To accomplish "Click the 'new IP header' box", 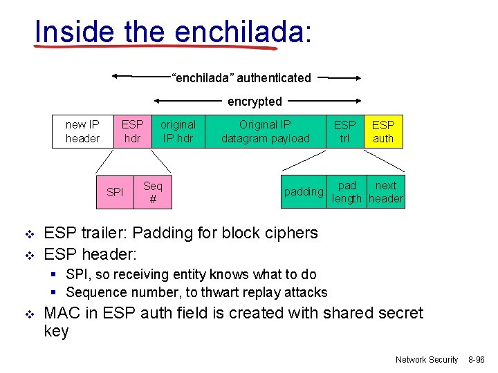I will (x=82, y=131).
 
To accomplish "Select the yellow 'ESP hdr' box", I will (x=132, y=131).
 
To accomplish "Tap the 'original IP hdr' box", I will (x=178, y=131).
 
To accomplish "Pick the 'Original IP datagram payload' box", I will (x=266, y=131).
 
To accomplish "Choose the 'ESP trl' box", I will (x=344, y=131).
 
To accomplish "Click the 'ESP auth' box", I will (x=383, y=131).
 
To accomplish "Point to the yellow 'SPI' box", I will (x=116, y=192).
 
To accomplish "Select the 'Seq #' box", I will (x=152, y=192).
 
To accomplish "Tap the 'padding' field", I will (x=304, y=192).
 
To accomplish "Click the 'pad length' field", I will (x=347, y=192).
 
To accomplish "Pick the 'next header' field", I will (x=386, y=192).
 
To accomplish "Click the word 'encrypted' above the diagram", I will (x=255, y=102).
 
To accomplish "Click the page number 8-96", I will (x=477, y=360).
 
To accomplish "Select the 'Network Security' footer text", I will (x=427, y=360).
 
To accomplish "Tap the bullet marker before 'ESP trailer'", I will (x=28, y=233).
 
